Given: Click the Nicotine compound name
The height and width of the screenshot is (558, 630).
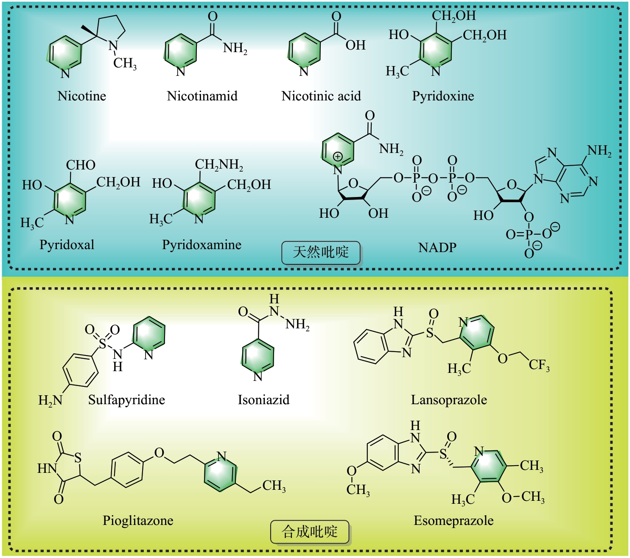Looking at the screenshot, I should (x=81, y=96).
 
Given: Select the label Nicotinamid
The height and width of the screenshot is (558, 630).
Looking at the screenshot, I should (x=202, y=96).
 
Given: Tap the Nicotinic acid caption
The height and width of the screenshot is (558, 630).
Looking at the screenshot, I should (x=321, y=96).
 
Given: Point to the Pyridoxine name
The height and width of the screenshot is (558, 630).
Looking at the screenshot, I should (x=443, y=96).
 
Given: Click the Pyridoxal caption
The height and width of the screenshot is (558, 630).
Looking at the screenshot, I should (x=67, y=245).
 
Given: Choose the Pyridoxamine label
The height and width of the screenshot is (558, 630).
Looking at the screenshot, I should (x=202, y=245).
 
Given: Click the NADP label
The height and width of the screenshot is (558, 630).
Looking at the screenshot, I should (x=437, y=247).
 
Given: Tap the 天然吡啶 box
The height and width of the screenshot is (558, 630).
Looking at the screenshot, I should (x=321, y=253).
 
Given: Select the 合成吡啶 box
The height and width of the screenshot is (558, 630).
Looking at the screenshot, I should (x=310, y=532).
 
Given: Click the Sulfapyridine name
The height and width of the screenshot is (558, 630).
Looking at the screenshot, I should (x=126, y=400).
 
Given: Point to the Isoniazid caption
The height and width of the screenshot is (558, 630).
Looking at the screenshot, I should (x=263, y=400).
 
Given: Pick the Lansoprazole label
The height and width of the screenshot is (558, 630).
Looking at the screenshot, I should (x=449, y=400).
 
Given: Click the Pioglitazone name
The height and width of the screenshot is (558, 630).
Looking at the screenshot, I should (x=138, y=521).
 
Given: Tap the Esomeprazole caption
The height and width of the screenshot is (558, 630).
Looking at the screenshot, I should (x=454, y=521).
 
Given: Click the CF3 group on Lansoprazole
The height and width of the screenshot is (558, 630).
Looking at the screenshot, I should (x=539, y=365).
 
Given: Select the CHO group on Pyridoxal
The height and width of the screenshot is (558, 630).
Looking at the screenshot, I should (x=81, y=165).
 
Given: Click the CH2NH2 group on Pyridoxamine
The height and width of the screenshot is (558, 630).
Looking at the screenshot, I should (x=219, y=165).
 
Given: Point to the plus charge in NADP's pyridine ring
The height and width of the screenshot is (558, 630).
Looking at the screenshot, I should (x=338, y=156).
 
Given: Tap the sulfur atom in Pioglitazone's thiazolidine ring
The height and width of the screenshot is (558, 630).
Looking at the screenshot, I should (x=78, y=458).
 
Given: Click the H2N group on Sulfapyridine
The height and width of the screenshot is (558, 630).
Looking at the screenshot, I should (x=50, y=400).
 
